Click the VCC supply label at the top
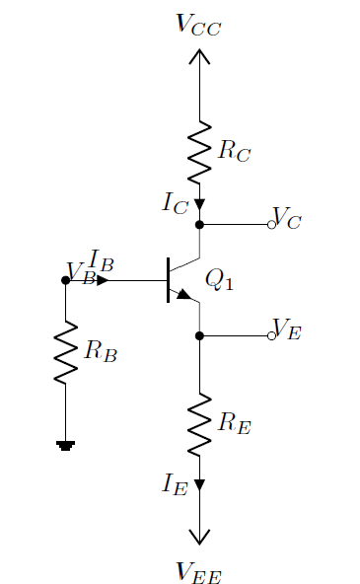pyautogui.click(x=199, y=25)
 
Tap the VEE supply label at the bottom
pyautogui.click(x=199, y=569)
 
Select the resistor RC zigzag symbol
pyautogui.click(x=199, y=151)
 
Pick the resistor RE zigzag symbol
pyautogui.click(x=199, y=424)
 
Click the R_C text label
pyautogui.click(x=234, y=151)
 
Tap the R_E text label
pyautogui.click(x=234, y=424)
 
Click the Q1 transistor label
pyautogui.click(x=219, y=280)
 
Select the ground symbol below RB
pyautogui.click(x=65, y=446)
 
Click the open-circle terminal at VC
pyautogui.click(x=271, y=225)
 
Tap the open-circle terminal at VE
pyautogui.click(x=271, y=336)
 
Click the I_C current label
pyautogui.click(x=175, y=203)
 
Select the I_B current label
pyautogui.click(x=102, y=260)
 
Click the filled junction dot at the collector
pyautogui.click(x=199, y=225)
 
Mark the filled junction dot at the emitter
pyautogui.click(x=199, y=336)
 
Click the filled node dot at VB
pyautogui.click(x=65, y=280)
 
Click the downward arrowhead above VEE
pyautogui.click(x=199, y=537)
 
